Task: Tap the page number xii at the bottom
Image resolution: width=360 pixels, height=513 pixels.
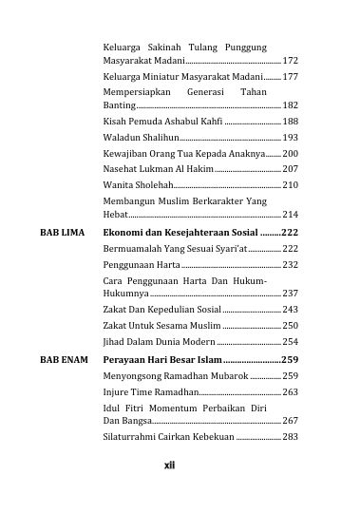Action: coord(169,465)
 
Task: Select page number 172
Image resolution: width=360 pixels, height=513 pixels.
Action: coord(291,60)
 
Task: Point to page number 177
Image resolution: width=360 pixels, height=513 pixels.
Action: coord(291,76)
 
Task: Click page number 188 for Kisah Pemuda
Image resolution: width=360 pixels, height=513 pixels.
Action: coord(291,122)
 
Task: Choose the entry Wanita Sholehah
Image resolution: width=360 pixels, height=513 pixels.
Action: coord(138,183)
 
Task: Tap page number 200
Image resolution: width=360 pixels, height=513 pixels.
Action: coord(291,153)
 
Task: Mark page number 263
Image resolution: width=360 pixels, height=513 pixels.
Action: coord(291,391)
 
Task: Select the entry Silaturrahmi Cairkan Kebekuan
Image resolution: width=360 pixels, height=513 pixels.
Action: coord(168,437)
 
